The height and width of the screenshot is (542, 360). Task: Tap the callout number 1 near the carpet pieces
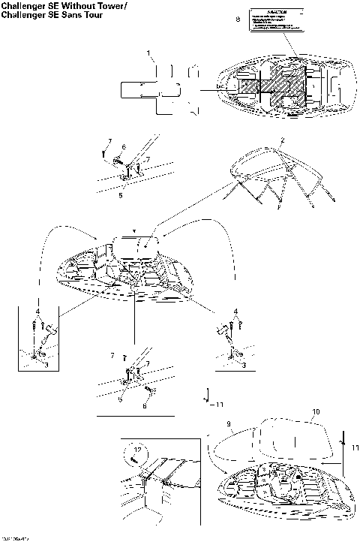[x=149, y=53]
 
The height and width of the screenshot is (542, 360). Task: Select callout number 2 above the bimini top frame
[x=283, y=140]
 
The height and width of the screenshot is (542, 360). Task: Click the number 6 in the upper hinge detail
[x=124, y=147]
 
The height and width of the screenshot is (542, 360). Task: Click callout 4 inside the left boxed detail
[x=37, y=310]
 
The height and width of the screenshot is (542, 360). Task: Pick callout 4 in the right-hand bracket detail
[x=237, y=310]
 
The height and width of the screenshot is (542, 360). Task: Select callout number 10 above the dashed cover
[x=316, y=412]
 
